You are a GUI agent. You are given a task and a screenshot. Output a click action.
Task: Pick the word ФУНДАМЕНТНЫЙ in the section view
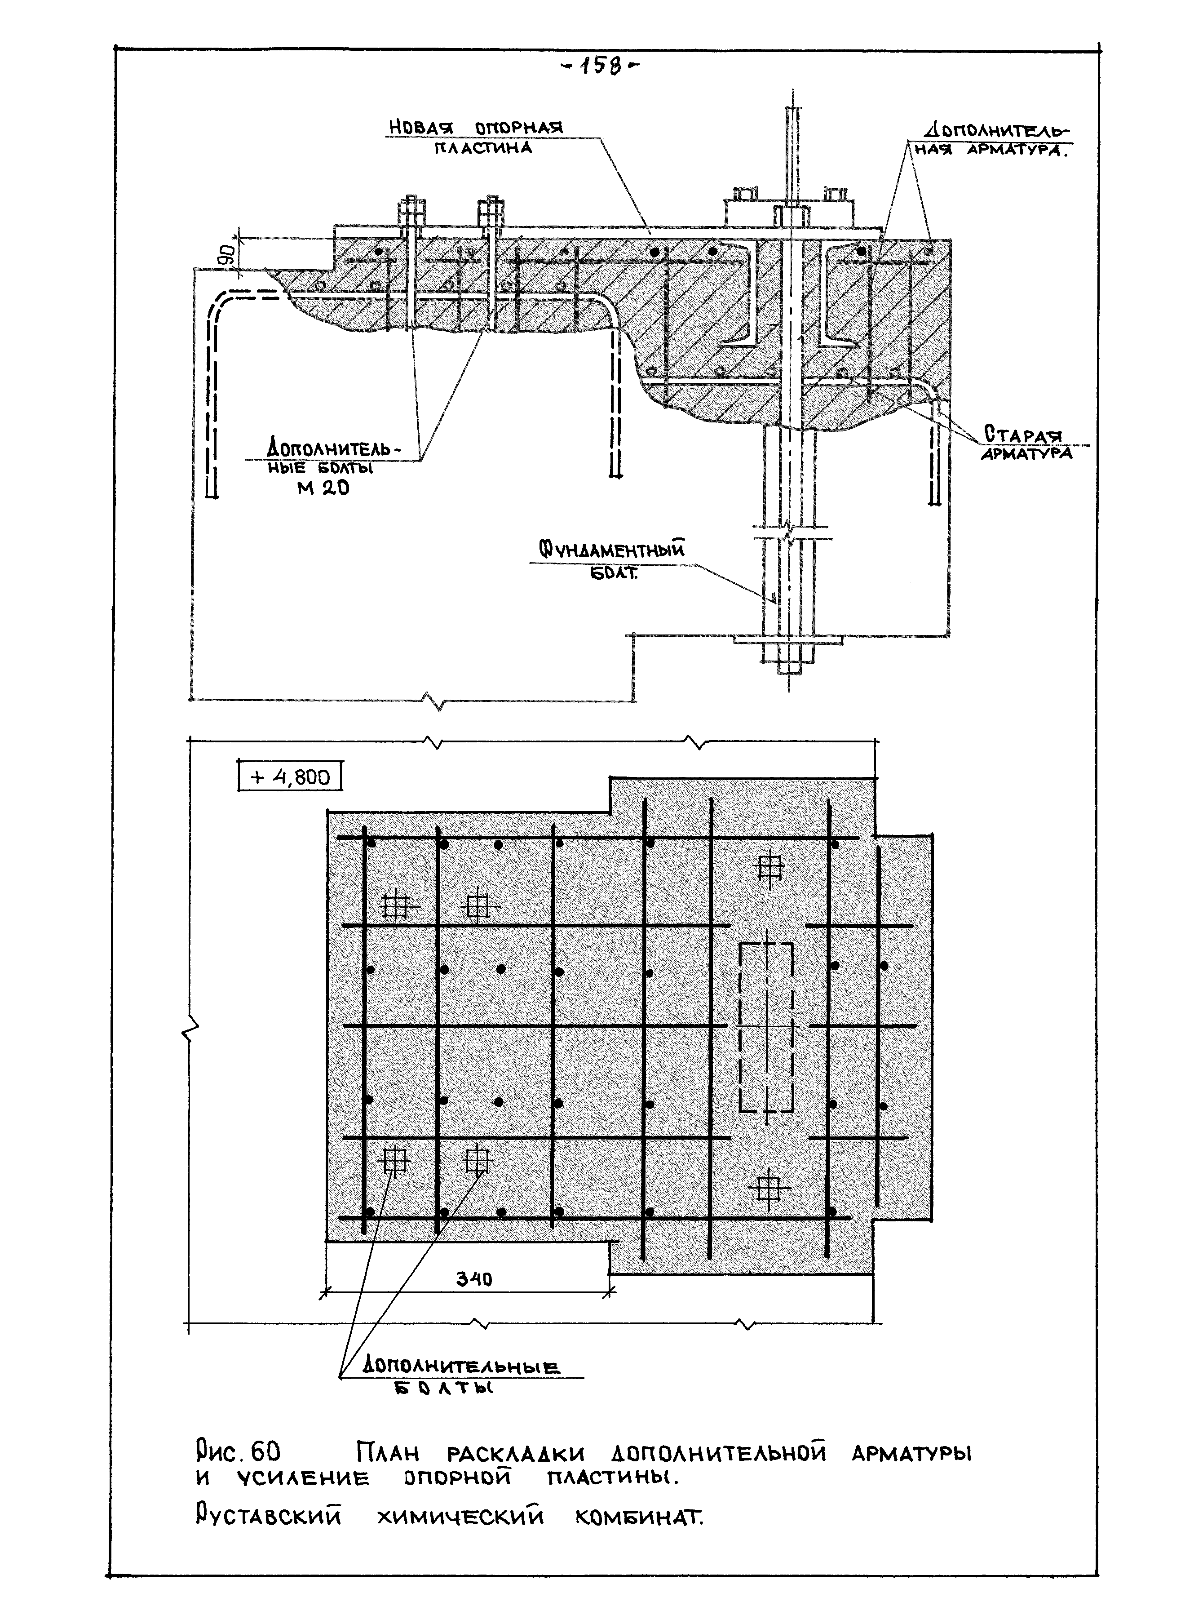(611, 551)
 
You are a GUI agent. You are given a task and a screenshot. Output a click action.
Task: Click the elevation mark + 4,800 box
(289, 777)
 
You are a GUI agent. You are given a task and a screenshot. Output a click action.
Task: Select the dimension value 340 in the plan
(474, 1278)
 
